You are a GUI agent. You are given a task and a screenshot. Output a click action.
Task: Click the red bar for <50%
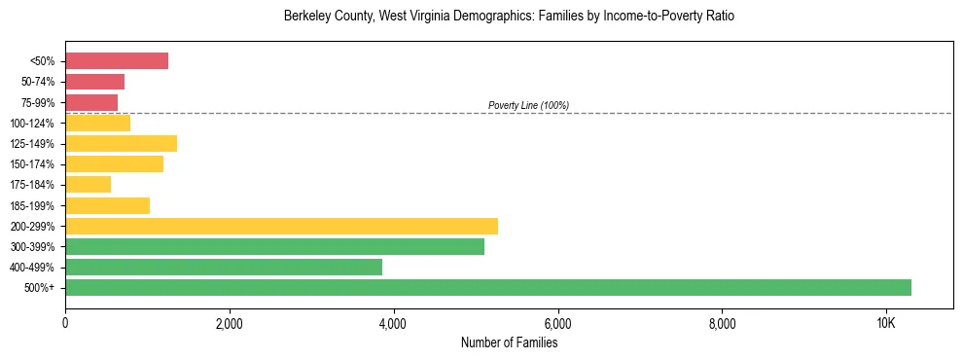117,61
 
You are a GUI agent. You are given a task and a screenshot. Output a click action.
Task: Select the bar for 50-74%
94,82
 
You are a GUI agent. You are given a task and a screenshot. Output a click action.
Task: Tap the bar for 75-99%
91,102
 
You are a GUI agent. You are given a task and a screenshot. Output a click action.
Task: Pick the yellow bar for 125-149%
121,144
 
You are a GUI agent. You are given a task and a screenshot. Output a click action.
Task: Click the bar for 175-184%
88,185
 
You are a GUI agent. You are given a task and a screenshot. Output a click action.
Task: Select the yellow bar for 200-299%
281,226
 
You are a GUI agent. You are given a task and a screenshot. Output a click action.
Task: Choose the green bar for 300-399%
274,247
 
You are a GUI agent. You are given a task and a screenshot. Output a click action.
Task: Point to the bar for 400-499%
224,268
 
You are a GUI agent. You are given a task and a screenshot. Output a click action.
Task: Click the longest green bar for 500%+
488,288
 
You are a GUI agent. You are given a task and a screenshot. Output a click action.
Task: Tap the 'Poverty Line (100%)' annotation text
528,105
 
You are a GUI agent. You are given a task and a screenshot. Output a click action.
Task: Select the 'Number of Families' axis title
509,342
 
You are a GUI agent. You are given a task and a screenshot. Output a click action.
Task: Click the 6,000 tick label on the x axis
558,322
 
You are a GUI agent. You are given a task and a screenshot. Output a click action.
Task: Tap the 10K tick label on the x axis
886,322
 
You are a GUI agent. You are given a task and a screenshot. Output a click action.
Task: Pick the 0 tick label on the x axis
65,322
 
